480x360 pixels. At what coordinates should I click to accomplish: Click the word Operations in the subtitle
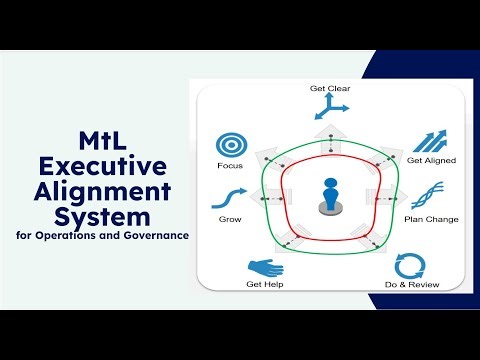point(73,236)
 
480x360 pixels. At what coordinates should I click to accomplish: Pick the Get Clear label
point(330,88)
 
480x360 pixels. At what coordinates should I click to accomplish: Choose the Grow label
point(230,218)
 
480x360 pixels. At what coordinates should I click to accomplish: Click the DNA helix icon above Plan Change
point(424,195)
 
